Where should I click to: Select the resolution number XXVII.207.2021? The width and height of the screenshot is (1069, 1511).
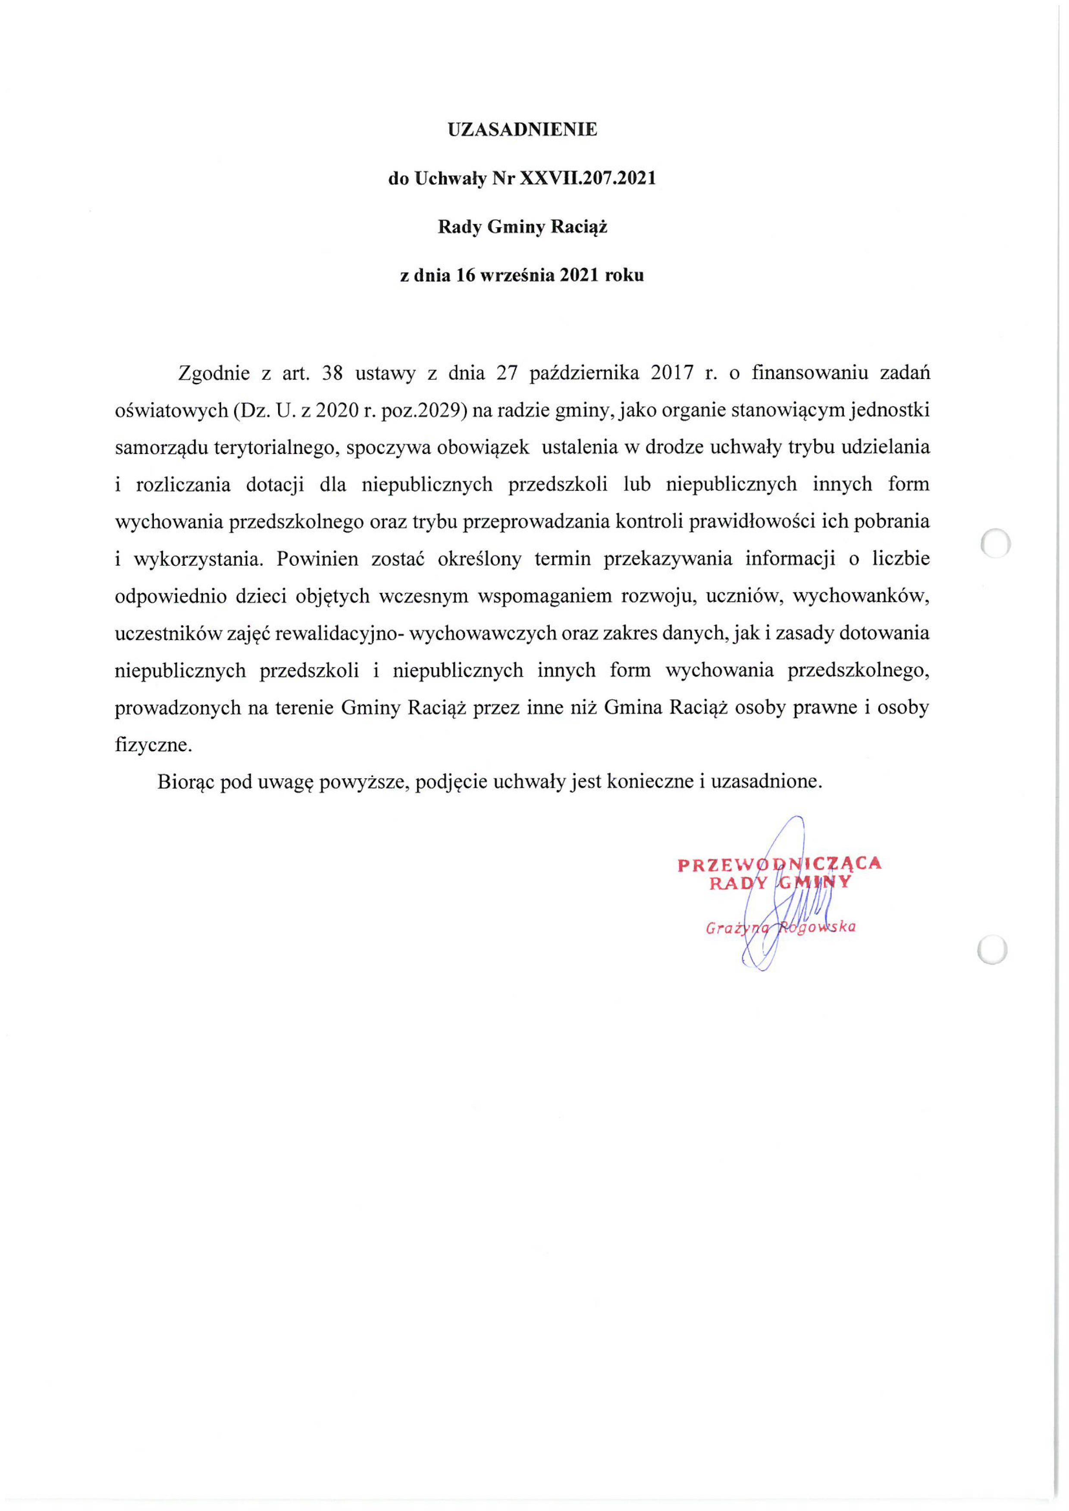[x=588, y=179]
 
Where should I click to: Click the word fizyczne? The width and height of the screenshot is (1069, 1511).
[x=154, y=746]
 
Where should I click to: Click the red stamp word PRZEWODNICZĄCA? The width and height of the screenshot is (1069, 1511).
[x=779, y=864]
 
